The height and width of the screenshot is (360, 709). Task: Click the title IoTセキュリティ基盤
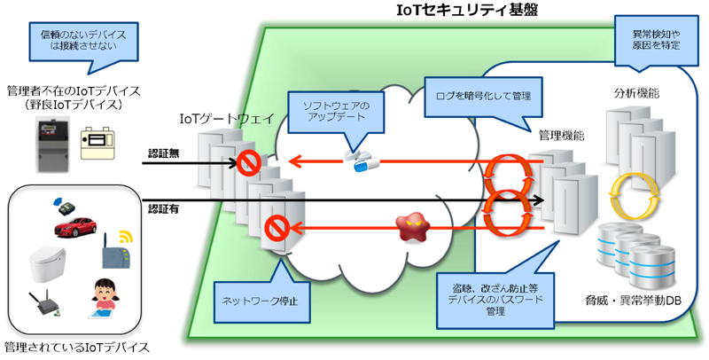pyautogui.click(x=467, y=10)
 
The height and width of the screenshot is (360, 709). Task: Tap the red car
pyautogui.click(x=75, y=226)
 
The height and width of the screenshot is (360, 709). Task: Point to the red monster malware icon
pyautogui.click(x=411, y=228)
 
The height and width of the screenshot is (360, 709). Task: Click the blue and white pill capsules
pyautogui.click(x=362, y=160)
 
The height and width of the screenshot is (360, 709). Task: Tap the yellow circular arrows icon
pyautogui.click(x=634, y=194)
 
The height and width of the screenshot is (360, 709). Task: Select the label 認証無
pyautogui.click(x=164, y=153)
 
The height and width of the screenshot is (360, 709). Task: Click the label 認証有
pyautogui.click(x=164, y=209)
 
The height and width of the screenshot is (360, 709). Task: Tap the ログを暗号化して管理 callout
pyautogui.click(x=483, y=96)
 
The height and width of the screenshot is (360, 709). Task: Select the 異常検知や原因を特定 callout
pyautogui.click(x=656, y=40)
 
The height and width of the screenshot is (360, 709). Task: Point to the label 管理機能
pyautogui.click(x=561, y=136)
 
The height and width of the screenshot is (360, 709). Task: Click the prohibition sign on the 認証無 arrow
pyautogui.click(x=249, y=163)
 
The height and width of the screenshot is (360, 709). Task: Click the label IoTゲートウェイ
pyautogui.click(x=227, y=119)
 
